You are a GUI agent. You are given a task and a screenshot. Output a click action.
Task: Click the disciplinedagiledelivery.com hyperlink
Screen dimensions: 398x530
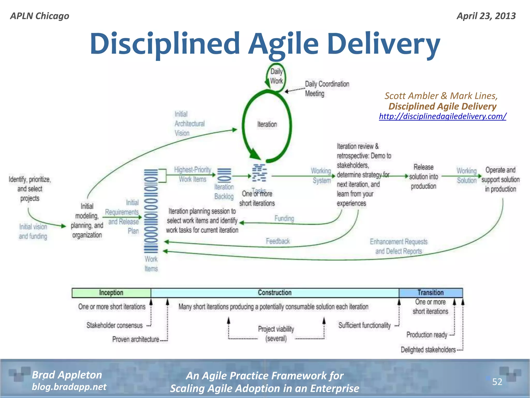pos(443,116)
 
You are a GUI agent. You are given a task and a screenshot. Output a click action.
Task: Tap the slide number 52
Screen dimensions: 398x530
pos(497,382)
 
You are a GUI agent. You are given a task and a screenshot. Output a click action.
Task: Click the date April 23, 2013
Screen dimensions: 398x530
pos(486,16)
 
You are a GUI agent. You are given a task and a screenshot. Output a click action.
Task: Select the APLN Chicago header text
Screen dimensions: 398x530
pos(40,16)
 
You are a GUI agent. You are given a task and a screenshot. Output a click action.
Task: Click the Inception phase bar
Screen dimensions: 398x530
pos(111,293)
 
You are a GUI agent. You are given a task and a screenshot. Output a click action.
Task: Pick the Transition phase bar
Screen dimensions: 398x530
pos(430,293)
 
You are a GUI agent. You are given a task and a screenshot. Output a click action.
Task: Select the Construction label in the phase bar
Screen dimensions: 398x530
pos(275,293)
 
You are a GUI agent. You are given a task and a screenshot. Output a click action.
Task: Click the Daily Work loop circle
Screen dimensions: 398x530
pos(276,77)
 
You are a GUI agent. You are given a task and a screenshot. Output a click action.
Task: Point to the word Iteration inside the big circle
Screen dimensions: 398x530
pos(267,124)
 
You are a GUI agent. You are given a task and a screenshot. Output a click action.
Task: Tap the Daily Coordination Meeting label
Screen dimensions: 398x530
pos(327,89)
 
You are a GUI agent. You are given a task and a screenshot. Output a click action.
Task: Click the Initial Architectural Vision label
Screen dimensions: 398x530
pos(189,124)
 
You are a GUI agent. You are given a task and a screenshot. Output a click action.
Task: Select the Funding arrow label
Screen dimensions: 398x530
pos(284,218)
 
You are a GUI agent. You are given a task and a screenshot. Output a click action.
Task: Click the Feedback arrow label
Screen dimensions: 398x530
pos(278,241)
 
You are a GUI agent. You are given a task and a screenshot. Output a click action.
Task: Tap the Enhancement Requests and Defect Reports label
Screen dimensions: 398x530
pos(399,246)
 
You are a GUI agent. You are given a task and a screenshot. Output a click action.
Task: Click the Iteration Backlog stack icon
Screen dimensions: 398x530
pos(224,175)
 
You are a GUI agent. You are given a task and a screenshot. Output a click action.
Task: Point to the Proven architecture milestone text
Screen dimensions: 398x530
pos(136,339)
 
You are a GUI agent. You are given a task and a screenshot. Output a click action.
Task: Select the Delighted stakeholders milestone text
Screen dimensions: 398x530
pos(428,350)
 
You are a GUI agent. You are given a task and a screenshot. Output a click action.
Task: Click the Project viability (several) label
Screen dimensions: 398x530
pos(276,334)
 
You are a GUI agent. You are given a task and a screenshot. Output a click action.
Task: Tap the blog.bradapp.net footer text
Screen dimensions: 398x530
pos(69,387)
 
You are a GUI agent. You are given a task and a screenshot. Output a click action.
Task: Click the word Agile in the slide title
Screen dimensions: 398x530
pos(283,44)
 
